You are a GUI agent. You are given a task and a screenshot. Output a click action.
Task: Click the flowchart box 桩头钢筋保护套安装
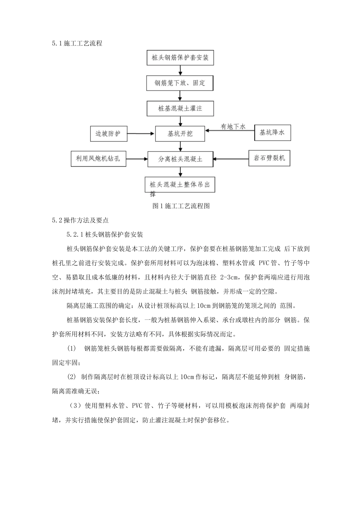pyautogui.click(x=180, y=58)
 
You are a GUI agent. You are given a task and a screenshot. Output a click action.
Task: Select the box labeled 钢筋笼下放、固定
pyautogui.click(x=180, y=83)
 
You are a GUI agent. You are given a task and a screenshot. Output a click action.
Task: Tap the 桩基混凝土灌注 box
pyautogui.click(x=180, y=108)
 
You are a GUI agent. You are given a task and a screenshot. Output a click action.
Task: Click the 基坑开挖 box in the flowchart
pyautogui.click(x=180, y=134)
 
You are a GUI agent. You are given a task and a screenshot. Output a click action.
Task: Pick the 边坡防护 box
pyautogui.click(x=108, y=134)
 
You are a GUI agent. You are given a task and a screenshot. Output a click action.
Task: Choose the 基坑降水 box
pyautogui.click(x=272, y=133)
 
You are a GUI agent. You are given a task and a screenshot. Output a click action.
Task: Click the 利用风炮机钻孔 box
pyautogui.click(x=98, y=159)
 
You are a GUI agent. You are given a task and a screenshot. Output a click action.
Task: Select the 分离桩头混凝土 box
pyautogui.click(x=180, y=159)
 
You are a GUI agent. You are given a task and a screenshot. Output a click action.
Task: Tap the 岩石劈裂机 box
pyautogui.click(x=269, y=158)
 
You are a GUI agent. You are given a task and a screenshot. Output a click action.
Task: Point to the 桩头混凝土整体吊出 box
pyautogui.click(x=180, y=185)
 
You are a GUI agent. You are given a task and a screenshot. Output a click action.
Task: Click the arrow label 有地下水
pyautogui.click(x=233, y=126)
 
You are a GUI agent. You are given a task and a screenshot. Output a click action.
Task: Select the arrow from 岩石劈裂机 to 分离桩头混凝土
pyautogui.click(x=230, y=159)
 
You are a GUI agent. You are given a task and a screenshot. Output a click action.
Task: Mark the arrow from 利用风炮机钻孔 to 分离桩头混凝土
pyautogui.click(x=136, y=159)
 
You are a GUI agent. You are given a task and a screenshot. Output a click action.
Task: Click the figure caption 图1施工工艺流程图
pyautogui.click(x=180, y=206)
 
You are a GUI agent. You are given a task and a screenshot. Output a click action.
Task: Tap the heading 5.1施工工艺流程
pyautogui.click(x=77, y=44)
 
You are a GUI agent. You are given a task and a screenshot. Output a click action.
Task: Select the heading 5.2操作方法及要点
pyautogui.click(x=80, y=220)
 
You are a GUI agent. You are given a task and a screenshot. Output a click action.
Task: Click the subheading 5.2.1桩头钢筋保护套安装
pyautogui.click(x=105, y=235)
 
